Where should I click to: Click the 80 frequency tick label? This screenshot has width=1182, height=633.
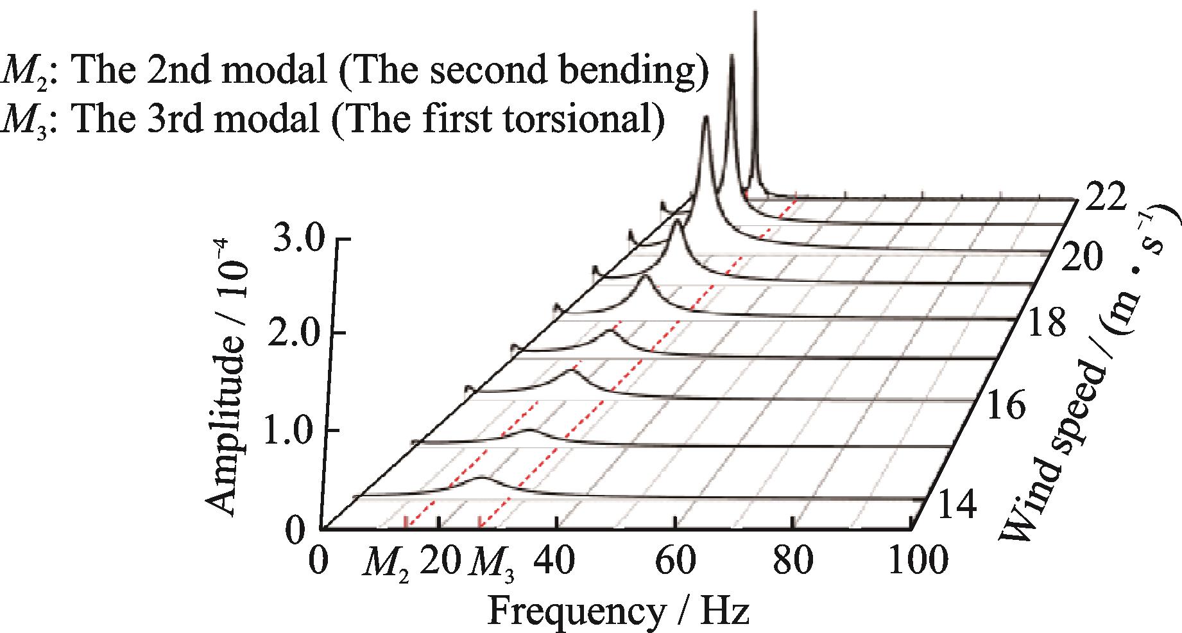[796, 560]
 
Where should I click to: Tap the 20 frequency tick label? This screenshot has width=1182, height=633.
[440, 560]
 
